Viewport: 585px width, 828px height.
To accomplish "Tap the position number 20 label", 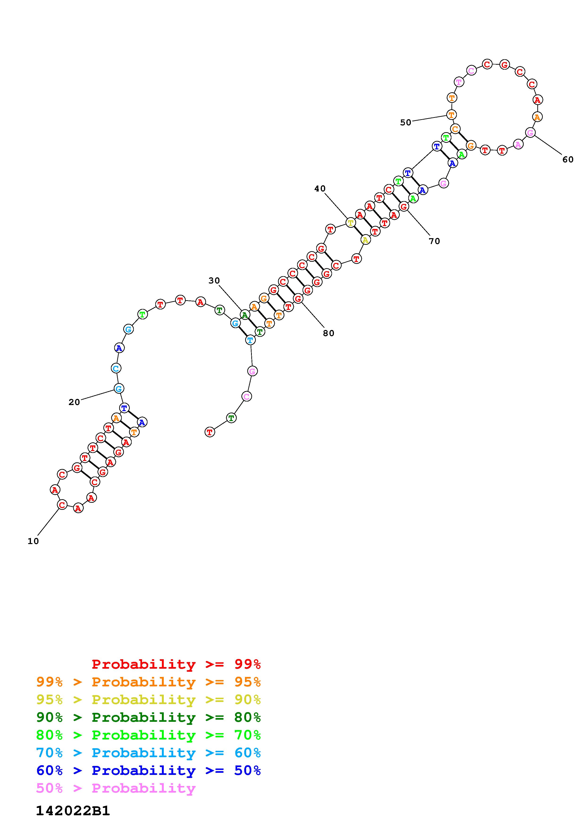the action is (74, 402).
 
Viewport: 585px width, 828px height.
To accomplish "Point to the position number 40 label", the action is (320, 189).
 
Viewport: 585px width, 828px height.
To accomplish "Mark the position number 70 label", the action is (435, 241).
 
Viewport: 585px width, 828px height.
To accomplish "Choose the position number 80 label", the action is (329, 334).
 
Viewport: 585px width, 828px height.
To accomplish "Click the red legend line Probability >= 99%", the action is (176, 664).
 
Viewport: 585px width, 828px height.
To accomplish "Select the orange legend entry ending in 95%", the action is (148, 682).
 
